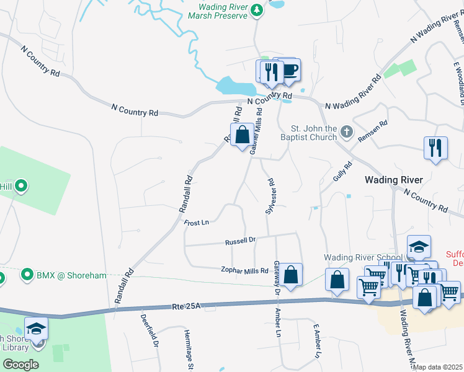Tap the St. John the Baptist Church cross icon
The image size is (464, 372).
346,133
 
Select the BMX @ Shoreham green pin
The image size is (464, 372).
27,274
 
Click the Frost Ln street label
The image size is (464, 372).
197,222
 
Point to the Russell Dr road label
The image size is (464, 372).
240,241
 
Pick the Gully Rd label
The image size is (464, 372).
342,171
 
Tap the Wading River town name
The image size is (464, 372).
393,180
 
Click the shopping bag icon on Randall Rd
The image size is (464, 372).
241,134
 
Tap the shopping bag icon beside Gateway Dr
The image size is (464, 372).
290,273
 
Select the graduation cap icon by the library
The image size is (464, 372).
36,327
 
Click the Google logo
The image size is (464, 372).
20,365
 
